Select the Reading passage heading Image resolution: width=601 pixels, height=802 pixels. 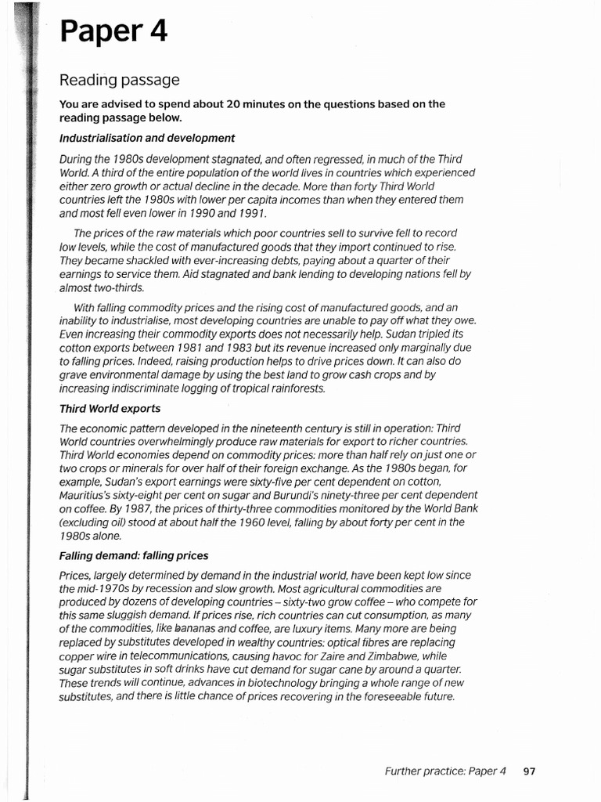tap(120, 80)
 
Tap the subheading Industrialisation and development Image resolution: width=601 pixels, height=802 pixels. tap(147, 138)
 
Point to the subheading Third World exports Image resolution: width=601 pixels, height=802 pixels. tap(110, 409)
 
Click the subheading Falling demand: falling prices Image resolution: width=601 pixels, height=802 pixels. tap(134, 555)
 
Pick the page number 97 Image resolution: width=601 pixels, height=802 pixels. tap(530, 771)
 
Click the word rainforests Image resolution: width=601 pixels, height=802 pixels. tap(289, 388)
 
